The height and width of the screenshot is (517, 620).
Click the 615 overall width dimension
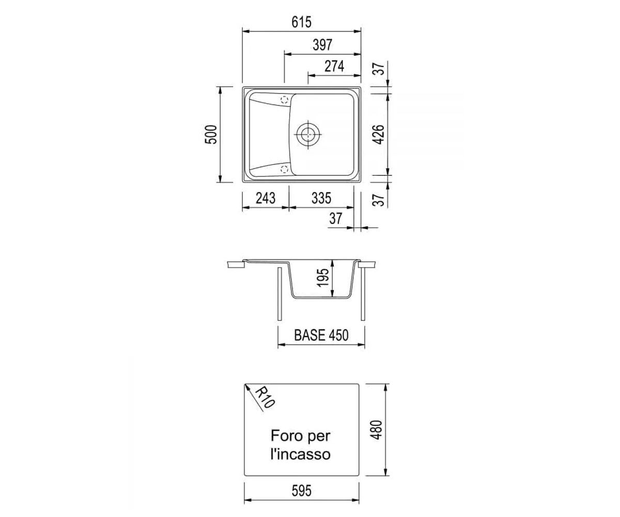click(x=301, y=22)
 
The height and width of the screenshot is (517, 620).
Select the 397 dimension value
click(x=322, y=45)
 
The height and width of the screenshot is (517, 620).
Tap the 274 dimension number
click(x=334, y=66)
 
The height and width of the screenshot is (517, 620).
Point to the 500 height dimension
click(x=211, y=134)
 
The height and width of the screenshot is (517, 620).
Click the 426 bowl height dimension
click(x=379, y=134)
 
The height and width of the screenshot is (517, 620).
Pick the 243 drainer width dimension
click(x=266, y=198)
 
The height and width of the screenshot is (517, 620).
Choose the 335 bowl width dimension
click(x=321, y=198)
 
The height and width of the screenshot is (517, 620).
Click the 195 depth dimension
click(x=323, y=278)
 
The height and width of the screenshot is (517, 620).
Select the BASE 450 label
click(x=321, y=335)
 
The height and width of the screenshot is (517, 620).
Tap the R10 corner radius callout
click(x=265, y=397)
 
